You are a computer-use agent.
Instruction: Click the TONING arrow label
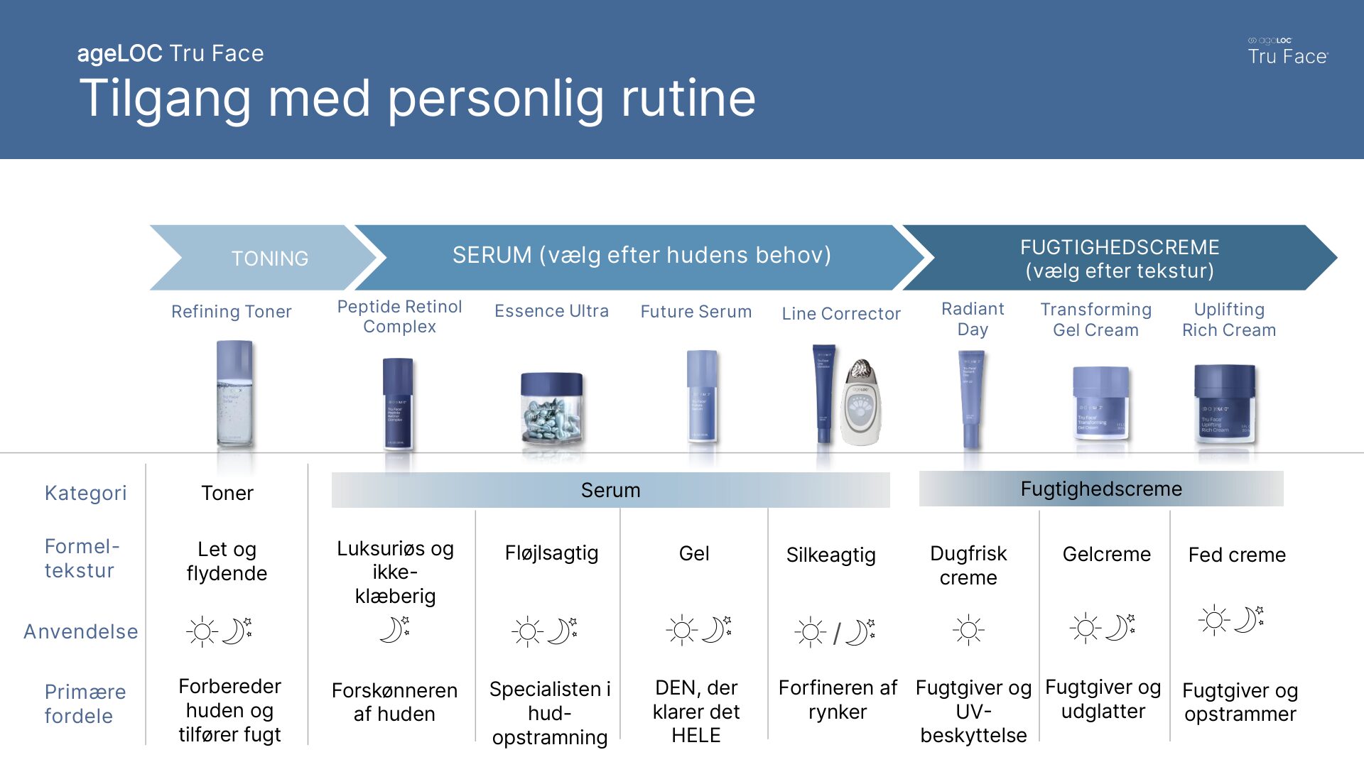pos(269,258)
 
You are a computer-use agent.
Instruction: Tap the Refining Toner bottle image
pos(234,394)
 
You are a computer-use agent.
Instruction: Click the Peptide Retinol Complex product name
pos(399,317)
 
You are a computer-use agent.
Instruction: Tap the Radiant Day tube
pos(970,398)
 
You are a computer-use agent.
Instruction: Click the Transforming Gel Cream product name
pos(1095,320)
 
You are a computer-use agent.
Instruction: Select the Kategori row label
pos(85,493)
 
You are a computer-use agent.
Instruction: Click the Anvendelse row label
pos(81,631)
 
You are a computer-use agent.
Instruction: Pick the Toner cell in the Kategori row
pos(227,493)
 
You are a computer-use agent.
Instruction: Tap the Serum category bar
pos(610,490)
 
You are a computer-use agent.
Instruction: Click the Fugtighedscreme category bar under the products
pos(1101,489)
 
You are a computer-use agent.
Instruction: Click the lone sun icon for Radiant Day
pos(968,630)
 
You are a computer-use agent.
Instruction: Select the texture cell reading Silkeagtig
pos(830,555)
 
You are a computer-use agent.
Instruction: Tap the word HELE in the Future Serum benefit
pos(696,735)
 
